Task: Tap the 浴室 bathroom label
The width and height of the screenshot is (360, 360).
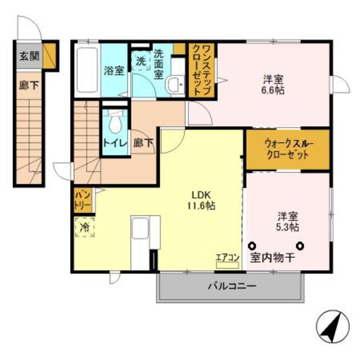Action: click(x=114, y=71)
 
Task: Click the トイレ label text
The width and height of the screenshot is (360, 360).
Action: click(x=115, y=143)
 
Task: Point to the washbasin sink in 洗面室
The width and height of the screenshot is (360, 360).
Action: click(x=175, y=85)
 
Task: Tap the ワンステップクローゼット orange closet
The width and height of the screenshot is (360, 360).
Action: click(x=202, y=71)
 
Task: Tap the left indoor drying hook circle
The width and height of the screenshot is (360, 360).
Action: click(x=252, y=245)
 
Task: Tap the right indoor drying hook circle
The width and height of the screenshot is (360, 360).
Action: click(x=301, y=245)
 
